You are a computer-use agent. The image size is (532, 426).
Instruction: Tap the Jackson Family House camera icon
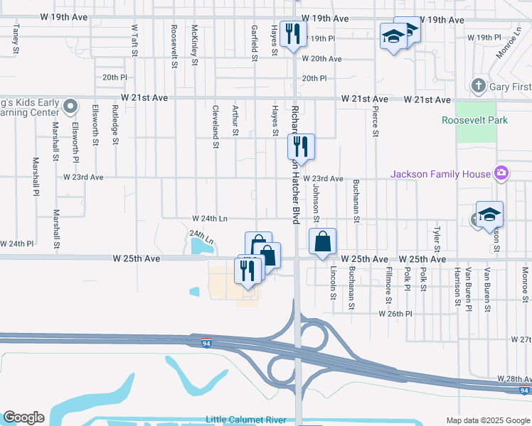(501, 173)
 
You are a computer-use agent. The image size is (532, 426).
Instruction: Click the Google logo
(23, 417)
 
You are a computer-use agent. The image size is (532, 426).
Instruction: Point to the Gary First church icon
(478, 86)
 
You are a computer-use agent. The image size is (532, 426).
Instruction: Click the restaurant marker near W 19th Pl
(293, 33)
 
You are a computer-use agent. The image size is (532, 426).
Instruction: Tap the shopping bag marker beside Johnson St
(323, 241)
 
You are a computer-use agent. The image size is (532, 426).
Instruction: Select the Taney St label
(15, 39)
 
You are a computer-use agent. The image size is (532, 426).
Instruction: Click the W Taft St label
(134, 38)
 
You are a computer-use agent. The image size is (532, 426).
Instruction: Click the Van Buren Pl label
(468, 290)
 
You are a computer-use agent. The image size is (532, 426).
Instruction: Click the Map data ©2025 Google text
(487, 420)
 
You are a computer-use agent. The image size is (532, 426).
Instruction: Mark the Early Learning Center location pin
(70, 106)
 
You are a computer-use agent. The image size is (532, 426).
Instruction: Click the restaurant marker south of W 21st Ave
(301, 146)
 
